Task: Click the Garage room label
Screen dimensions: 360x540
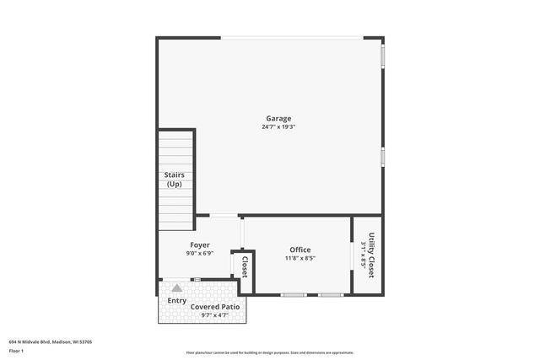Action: point(278,119)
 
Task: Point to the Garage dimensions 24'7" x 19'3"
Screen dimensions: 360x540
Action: point(278,127)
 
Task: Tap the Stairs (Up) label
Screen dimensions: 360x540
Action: point(174,180)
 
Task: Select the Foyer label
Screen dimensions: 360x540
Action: point(199,244)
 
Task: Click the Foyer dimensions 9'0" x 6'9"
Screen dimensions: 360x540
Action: point(199,253)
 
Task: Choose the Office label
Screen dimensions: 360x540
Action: point(300,250)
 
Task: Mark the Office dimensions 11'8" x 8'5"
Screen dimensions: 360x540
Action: point(300,258)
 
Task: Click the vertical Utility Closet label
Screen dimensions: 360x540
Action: point(371,255)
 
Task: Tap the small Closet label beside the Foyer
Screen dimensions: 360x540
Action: point(244,267)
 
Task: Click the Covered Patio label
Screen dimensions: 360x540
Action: point(215,307)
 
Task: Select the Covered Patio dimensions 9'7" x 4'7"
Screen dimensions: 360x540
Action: point(215,315)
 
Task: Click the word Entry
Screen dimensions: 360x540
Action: point(177,300)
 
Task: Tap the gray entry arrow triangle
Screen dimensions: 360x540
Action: point(177,288)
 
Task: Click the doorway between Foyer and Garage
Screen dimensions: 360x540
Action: point(223,216)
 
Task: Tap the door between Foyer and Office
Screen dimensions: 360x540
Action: point(242,232)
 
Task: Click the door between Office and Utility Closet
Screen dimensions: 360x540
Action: point(352,255)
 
